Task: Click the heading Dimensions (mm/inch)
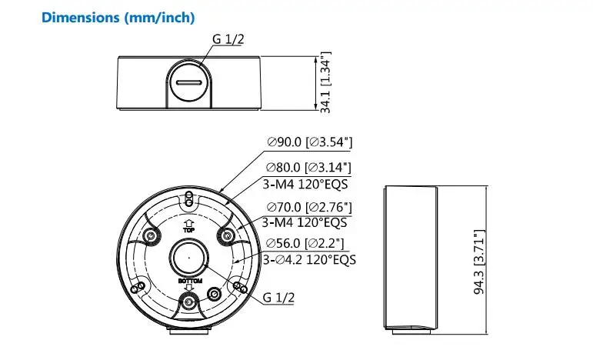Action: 118,18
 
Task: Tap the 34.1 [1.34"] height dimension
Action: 325,82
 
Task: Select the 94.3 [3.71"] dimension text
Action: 479,262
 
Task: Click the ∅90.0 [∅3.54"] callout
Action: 310,142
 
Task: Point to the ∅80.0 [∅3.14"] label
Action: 308,167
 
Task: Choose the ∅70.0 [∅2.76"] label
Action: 309,207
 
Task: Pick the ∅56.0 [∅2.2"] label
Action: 305,243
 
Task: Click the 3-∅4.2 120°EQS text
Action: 309,260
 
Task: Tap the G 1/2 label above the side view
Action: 228,39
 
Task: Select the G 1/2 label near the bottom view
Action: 278,297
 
